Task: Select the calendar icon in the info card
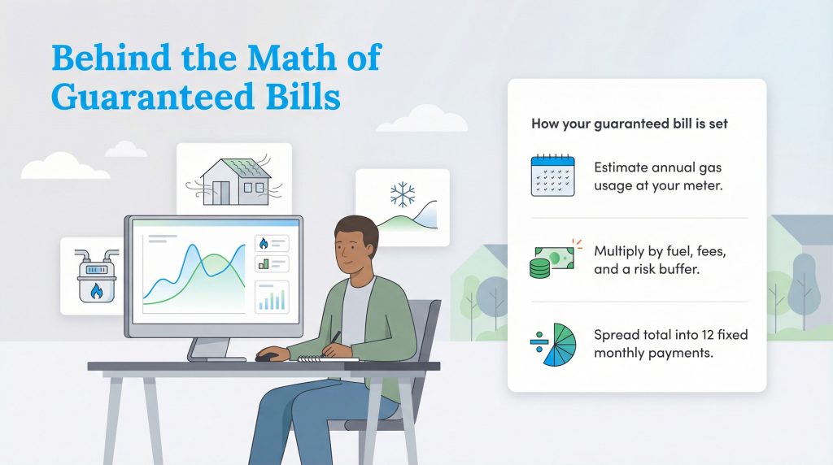point(552,176)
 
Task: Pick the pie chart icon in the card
point(554,343)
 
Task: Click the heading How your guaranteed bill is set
point(629,124)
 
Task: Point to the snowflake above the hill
point(401,194)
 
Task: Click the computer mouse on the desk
point(268,356)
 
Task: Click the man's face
point(357,251)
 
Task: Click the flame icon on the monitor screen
point(262,242)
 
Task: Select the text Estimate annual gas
point(657,168)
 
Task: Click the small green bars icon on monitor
point(262,263)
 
